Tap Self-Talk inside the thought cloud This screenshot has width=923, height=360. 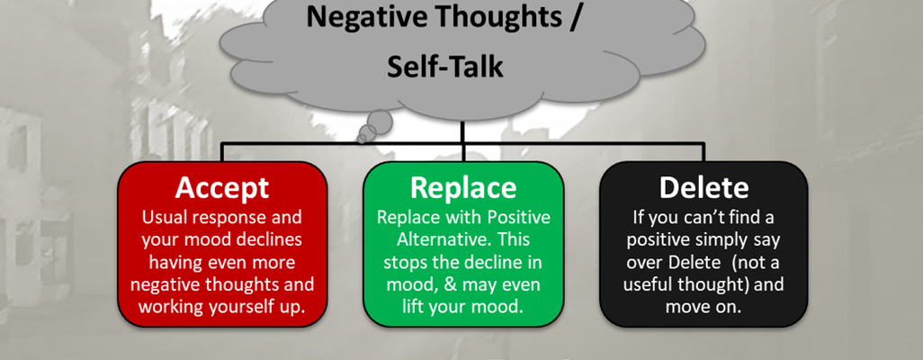point(445,67)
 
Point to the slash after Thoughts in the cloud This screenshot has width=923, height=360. point(575,17)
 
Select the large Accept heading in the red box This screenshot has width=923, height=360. point(222,187)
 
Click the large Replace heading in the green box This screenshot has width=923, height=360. point(463,187)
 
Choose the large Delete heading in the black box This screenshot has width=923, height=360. point(704,187)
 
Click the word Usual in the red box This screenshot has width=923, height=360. point(162,218)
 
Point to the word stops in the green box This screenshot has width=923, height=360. point(406,263)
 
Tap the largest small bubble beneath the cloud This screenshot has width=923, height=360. point(380,121)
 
